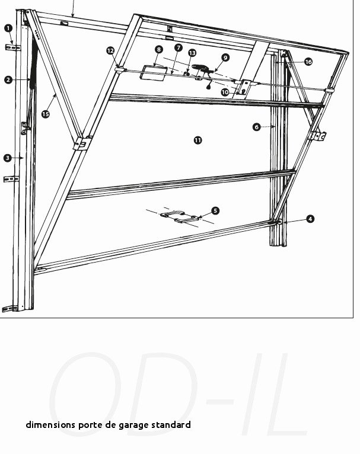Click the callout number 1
point(8,28)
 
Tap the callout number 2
point(8,79)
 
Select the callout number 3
point(8,158)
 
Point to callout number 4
point(310,219)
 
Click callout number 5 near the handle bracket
point(215,211)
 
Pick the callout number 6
point(256,127)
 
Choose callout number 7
point(179,47)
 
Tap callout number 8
point(159,50)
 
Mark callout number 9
point(225,57)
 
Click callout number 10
point(225,92)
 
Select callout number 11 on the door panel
point(197,140)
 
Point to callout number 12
point(110,50)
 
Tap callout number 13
point(192,53)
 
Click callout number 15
point(45,114)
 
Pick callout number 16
point(308,62)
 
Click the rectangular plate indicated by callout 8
point(154,73)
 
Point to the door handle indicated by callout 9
point(203,68)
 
